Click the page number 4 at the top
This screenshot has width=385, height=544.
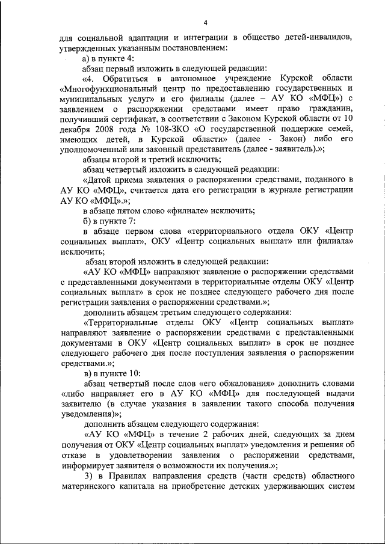205,23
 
